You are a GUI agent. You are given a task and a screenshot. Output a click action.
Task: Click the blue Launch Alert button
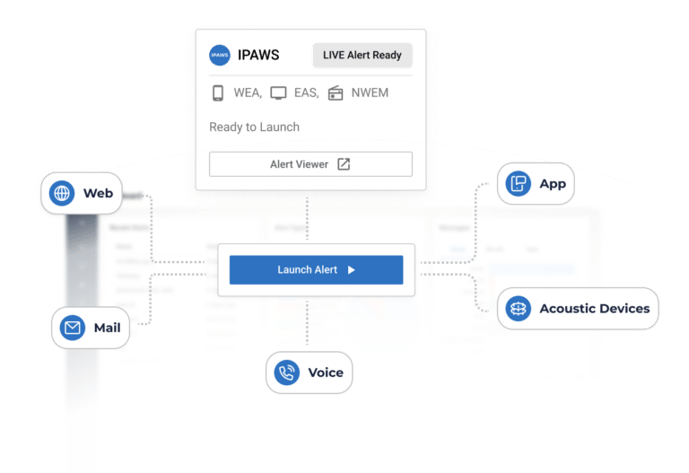point(316,269)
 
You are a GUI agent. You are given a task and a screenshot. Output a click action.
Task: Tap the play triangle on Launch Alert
point(352,269)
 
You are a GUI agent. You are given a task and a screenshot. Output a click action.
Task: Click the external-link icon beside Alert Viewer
point(344,164)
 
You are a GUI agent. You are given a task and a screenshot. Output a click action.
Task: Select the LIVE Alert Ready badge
point(362,55)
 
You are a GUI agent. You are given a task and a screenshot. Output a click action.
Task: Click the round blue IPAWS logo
point(220,55)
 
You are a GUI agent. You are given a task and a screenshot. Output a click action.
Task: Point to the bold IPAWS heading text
point(259,55)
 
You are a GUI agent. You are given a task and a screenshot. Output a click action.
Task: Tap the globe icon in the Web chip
point(62,193)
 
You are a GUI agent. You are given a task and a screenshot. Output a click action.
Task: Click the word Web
point(98,193)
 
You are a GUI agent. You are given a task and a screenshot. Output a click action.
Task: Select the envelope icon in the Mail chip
point(72,328)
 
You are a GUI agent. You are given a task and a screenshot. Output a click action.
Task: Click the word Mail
point(107,328)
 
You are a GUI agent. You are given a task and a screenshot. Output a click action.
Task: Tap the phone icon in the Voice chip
point(287,372)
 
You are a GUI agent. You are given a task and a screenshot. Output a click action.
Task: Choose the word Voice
point(325,372)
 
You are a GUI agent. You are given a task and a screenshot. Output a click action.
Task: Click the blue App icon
point(518,184)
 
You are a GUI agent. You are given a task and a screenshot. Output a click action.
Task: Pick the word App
point(553,184)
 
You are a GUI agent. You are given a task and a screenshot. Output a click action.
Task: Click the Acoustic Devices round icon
point(518,308)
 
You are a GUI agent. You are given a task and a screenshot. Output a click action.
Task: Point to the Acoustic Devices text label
point(594,308)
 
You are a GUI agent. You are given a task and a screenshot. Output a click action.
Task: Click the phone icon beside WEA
point(218,93)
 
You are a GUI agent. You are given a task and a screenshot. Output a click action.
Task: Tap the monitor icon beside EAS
point(278,93)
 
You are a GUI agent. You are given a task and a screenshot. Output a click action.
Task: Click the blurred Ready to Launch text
point(254,127)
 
